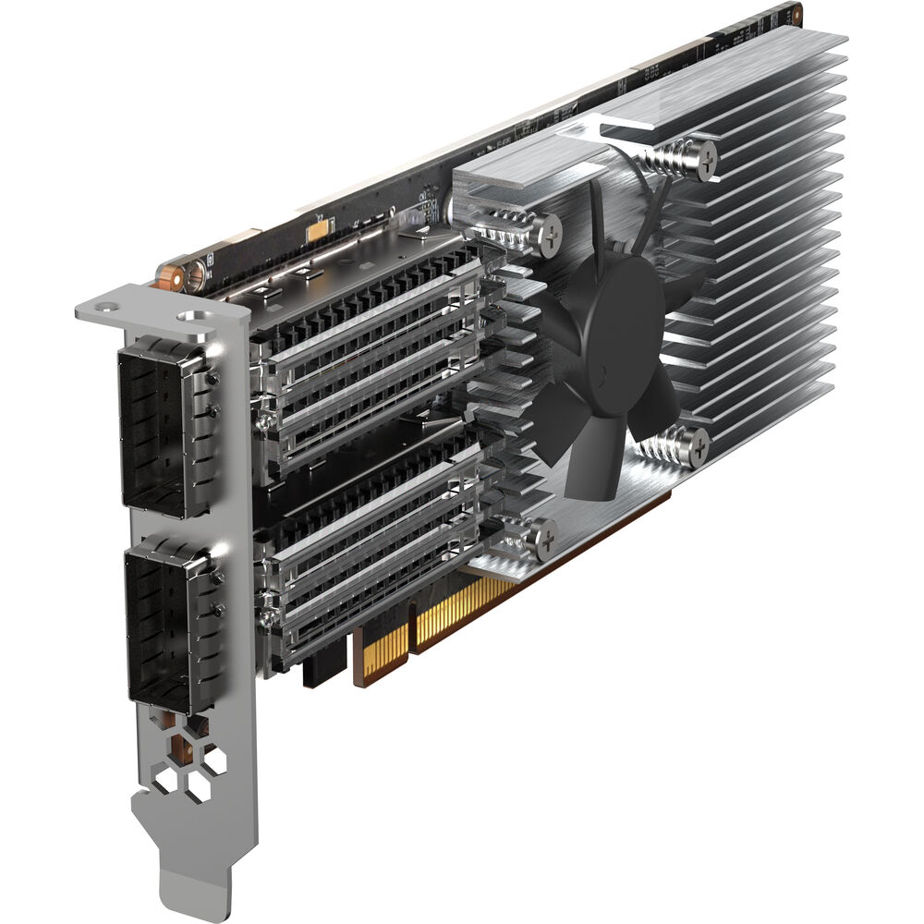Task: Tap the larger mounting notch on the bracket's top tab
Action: pyautogui.click(x=193, y=316)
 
